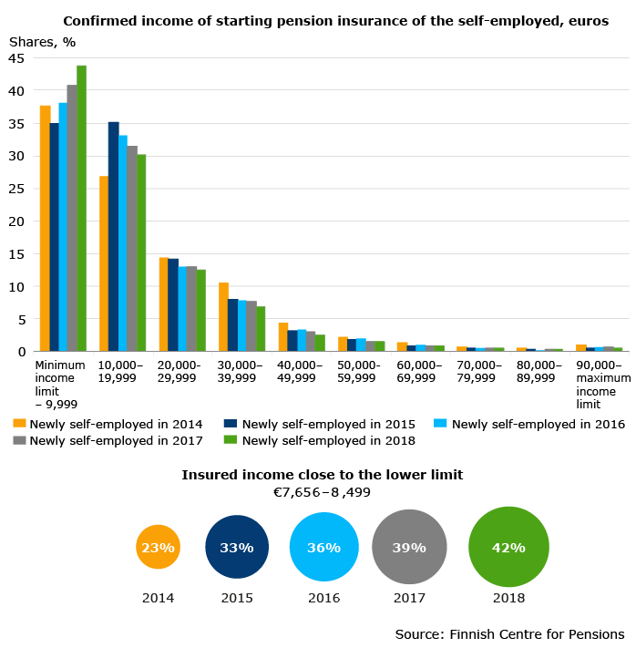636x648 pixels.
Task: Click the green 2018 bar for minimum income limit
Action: click(x=81, y=209)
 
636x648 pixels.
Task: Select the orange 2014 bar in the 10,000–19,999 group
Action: click(x=104, y=263)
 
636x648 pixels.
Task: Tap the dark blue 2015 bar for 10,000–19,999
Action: click(x=114, y=236)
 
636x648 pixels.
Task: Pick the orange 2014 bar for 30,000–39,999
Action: click(x=223, y=317)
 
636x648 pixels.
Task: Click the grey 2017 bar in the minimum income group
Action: click(x=72, y=218)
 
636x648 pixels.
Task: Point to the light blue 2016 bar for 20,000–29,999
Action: click(x=182, y=309)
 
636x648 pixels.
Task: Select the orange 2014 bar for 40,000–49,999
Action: click(x=283, y=337)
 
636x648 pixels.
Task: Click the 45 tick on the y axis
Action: click(x=16, y=58)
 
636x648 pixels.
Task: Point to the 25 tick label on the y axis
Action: click(x=16, y=189)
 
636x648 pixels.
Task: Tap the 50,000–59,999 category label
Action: click(x=358, y=372)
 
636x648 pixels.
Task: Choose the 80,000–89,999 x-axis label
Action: click(x=539, y=372)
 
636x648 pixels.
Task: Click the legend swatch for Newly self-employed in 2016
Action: click(x=440, y=424)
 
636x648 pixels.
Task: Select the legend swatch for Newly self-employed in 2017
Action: click(x=19, y=440)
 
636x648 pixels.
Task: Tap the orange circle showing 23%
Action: click(x=158, y=547)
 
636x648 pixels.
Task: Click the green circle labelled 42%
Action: click(x=508, y=547)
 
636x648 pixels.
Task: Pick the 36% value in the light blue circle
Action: click(x=324, y=548)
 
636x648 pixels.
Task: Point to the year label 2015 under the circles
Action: click(x=237, y=598)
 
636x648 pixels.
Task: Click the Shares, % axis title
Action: click(x=42, y=42)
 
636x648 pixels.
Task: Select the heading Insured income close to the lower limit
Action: click(x=323, y=475)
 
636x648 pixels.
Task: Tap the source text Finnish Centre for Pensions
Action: click(x=537, y=634)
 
